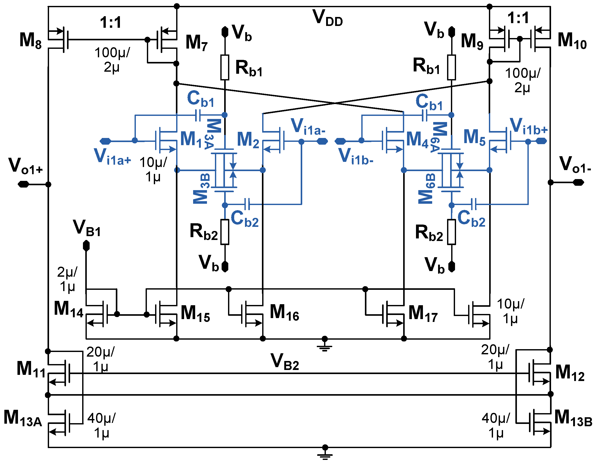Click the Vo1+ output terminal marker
(x=23, y=184)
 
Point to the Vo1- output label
(x=575, y=165)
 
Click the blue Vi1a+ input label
(x=112, y=157)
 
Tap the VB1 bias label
(x=87, y=228)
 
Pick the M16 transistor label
(x=284, y=313)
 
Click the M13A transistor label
(x=23, y=419)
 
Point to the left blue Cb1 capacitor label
(x=201, y=99)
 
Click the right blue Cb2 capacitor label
(x=471, y=219)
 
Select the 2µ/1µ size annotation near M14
(x=67, y=279)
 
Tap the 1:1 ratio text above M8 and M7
(x=110, y=22)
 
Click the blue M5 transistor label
(x=474, y=137)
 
